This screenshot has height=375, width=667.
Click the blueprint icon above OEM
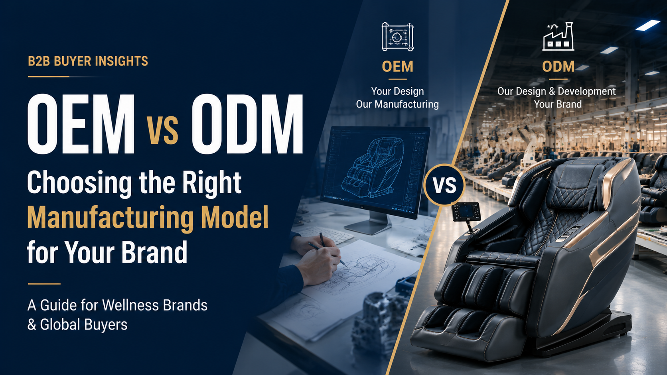coord(397,37)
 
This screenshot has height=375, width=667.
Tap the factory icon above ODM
coord(558,36)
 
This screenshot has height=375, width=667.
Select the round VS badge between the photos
coord(444,185)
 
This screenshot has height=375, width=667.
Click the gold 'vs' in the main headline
coord(163,131)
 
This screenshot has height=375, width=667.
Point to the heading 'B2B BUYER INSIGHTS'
coord(88,61)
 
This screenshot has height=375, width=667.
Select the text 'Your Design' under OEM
coord(397,91)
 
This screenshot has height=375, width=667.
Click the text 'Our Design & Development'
coord(556,91)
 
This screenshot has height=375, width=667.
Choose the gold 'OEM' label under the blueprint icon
coord(397,66)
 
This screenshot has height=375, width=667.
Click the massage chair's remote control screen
coord(466,211)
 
